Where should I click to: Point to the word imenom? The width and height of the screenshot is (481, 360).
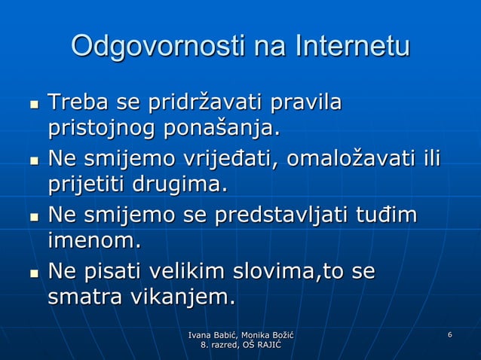[94, 242]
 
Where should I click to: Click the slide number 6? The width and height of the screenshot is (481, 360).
[449, 334]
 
